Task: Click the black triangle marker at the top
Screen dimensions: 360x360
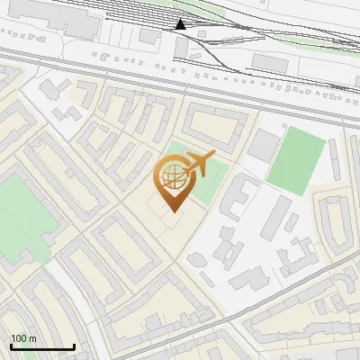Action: point(181,24)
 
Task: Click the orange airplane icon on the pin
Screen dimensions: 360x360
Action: point(198,164)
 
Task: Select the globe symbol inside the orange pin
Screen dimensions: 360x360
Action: point(171,176)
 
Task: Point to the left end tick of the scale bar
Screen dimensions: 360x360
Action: point(11,346)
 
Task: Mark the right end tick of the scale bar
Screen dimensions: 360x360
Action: point(74,346)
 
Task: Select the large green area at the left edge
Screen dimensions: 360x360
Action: point(20,216)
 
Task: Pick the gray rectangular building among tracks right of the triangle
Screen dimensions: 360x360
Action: point(268,62)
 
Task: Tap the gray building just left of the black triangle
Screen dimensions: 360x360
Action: point(150,35)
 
